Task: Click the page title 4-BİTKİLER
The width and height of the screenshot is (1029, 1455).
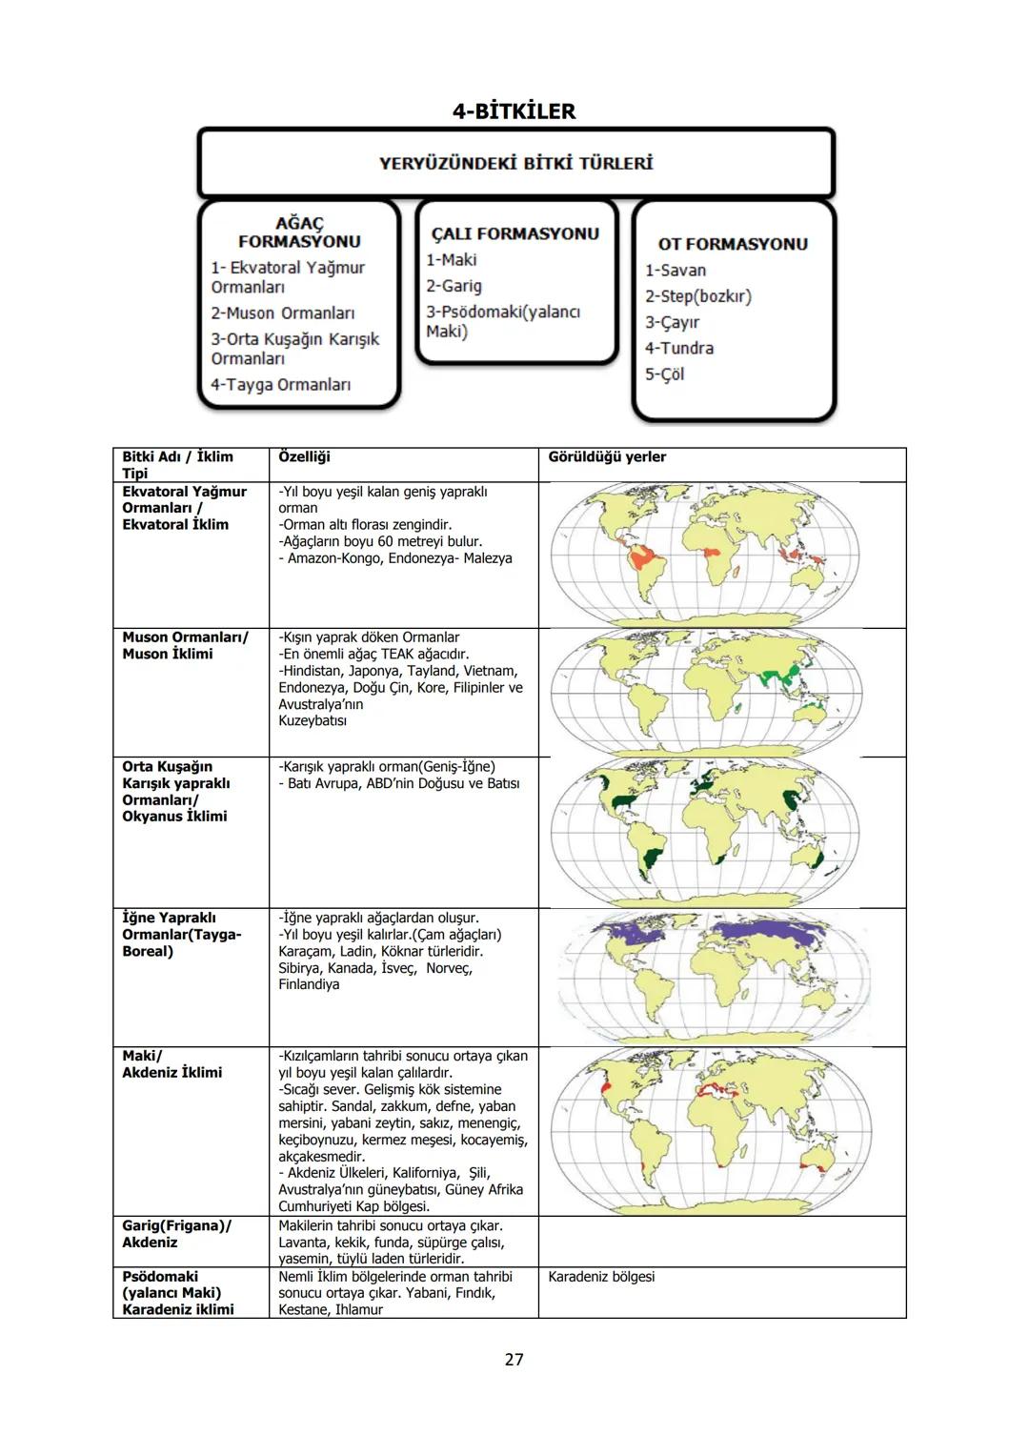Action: [514, 111]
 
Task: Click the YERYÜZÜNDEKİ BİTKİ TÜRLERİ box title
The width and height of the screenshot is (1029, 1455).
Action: [515, 163]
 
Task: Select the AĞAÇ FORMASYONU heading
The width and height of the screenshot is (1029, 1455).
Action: [299, 232]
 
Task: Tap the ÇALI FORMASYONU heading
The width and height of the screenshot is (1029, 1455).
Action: [515, 233]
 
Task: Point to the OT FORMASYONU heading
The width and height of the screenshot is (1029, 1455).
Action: [732, 244]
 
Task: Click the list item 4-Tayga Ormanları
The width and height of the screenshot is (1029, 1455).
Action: [281, 385]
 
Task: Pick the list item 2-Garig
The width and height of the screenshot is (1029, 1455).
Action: [454, 286]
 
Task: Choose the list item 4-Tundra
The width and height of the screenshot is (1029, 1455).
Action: [679, 349]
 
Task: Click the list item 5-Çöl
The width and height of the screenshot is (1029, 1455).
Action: [665, 374]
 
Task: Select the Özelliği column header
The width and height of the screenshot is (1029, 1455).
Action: [304, 457]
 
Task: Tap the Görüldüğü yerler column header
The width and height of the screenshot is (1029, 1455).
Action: [607, 457]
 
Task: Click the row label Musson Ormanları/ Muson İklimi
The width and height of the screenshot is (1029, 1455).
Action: [185, 645]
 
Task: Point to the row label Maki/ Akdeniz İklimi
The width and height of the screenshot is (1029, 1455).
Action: [171, 1064]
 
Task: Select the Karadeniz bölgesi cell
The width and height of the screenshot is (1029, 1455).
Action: [601, 1277]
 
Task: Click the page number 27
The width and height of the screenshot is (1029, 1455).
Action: [514, 1360]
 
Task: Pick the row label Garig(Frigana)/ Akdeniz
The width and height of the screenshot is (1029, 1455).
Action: [176, 1234]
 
